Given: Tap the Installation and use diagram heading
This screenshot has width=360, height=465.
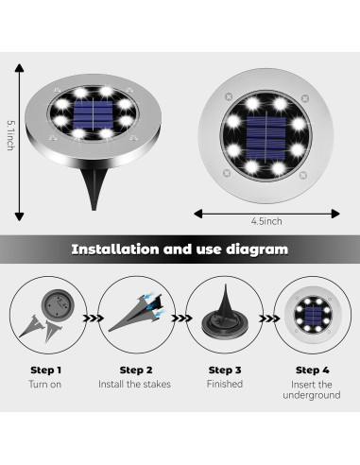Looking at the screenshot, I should pyautogui.click(x=180, y=250).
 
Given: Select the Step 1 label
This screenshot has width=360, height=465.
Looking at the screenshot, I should pyautogui.click(x=45, y=370).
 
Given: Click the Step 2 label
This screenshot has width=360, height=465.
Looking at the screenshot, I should pyautogui.click(x=135, y=370).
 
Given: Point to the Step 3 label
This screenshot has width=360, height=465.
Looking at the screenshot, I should pyautogui.click(x=224, y=370).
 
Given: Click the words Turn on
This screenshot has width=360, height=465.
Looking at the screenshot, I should pyautogui.click(x=45, y=385).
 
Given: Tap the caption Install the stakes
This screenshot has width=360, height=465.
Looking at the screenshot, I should pyautogui.click(x=135, y=385).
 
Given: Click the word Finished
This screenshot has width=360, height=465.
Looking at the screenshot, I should pyautogui.click(x=224, y=384).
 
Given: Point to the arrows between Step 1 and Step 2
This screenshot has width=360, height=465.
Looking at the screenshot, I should pyautogui.click(x=90, y=319).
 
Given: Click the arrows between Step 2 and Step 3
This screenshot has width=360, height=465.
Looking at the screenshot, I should pyautogui.click(x=179, y=319).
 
